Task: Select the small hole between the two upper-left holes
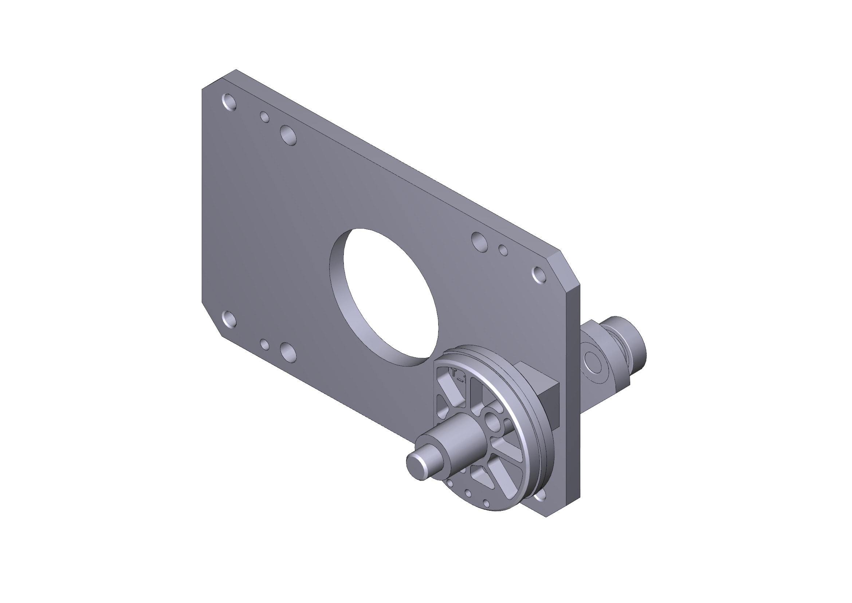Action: pyautogui.click(x=264, y=117)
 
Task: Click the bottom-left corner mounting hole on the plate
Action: pyautogui.click(x=229, y=319)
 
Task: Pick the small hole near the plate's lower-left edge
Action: pyautogui.click(x=264, y=344)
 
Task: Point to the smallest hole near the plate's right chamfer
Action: pyautogui.click(x=503, y=250)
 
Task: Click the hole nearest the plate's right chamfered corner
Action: pyautogui.click(x=539, y=275)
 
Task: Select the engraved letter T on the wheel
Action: pyautogui.click(x=454, y=373)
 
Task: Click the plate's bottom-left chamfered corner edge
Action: pyautogui.click(x=212, y=319)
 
